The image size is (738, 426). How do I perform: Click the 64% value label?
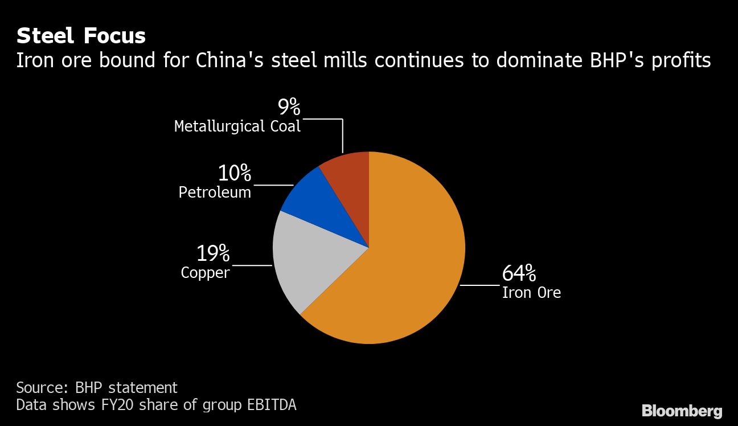tap(519, 274)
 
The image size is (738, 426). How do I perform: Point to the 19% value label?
tap(213, 253)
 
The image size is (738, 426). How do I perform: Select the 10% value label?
tap(234, 174)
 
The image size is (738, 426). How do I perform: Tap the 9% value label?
tap(289, 106)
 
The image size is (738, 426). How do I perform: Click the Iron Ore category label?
tap(531, 293)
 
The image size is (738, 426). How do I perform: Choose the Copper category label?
tap(205, 273)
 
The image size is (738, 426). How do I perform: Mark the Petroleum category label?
tap(215, 192)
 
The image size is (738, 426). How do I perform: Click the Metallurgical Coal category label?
tap(237, 126)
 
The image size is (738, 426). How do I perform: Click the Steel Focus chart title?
tap(81, 36)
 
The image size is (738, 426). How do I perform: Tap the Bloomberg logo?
tap(682, 411)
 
